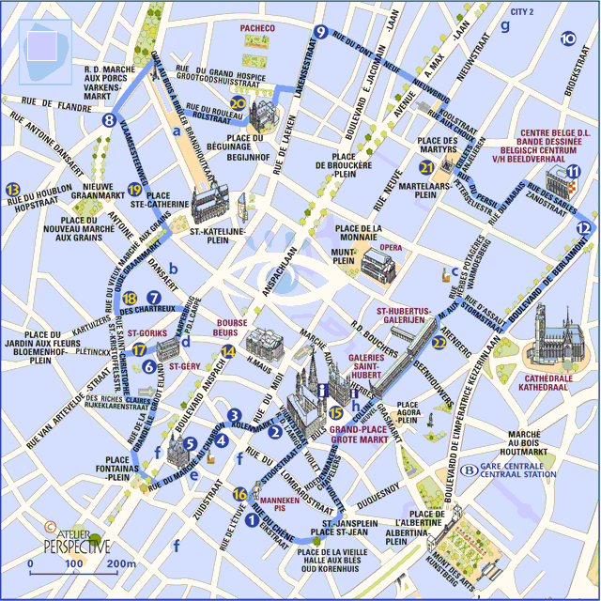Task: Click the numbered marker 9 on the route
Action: click(x=321, y=32)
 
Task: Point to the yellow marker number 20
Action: click(x=238, y=104)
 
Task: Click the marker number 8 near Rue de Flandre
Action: click(x=110, y=120)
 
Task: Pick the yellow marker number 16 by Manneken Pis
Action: click(x=240, y=494)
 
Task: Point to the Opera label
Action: click(x=390, y=249)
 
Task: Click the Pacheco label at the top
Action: click(x=256, y=29)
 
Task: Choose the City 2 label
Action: click(x=522, y=12)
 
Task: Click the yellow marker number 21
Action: click(x=427, y=168)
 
